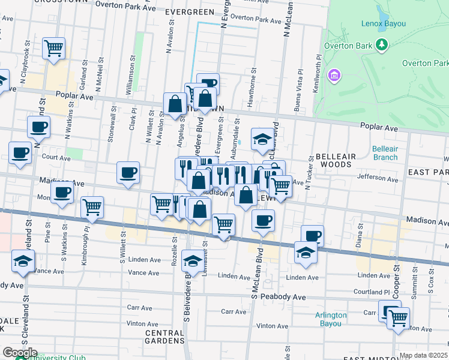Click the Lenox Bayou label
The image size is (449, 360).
pos(384,24)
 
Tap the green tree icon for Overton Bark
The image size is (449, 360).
pos(381,45)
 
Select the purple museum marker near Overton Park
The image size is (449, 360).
pos(334,76)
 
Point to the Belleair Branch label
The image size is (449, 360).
pos(385,153)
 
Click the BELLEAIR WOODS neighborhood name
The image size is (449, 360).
pos(336,160)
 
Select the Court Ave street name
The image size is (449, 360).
pos(57,158)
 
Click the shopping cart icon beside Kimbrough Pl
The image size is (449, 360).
pos(92,207)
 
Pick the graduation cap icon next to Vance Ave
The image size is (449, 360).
pos(23,260)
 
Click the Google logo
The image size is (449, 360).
pos(20,353)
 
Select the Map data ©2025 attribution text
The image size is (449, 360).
pos(423,355)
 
